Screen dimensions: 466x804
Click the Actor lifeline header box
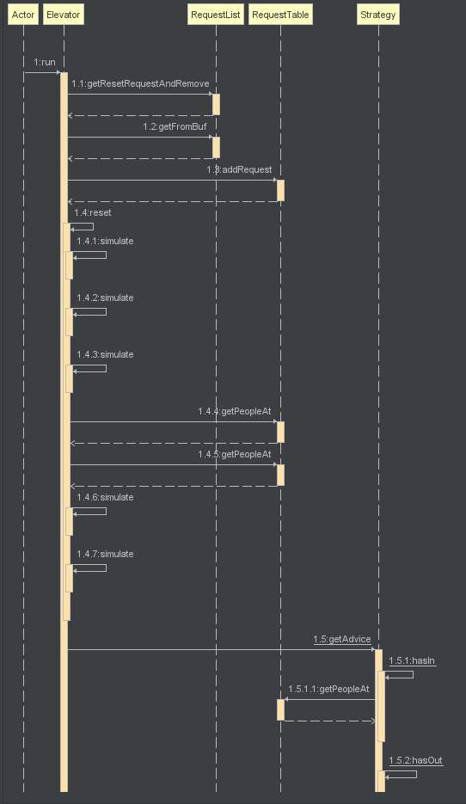23,15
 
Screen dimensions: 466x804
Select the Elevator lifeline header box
64,15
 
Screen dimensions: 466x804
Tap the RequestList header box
215,15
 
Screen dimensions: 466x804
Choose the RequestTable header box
280,15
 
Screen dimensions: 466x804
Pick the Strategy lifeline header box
377,15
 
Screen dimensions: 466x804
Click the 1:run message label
45,62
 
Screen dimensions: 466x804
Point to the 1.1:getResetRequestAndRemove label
140,83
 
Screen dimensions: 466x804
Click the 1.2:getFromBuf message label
175,126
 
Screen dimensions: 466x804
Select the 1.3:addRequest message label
239,169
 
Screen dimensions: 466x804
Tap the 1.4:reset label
93,212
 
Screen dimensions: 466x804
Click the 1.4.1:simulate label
105,241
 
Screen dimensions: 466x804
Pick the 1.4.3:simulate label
105,355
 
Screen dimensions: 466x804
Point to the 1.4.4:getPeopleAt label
235,411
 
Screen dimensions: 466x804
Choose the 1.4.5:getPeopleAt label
235,454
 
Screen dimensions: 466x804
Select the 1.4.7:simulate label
105,555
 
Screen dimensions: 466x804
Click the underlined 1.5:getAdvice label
342,640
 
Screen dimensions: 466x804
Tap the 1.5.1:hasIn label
413,661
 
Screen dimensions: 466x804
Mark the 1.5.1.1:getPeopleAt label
328,689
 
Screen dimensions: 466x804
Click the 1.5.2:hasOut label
416,761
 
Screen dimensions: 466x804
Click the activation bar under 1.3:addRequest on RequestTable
280,191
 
